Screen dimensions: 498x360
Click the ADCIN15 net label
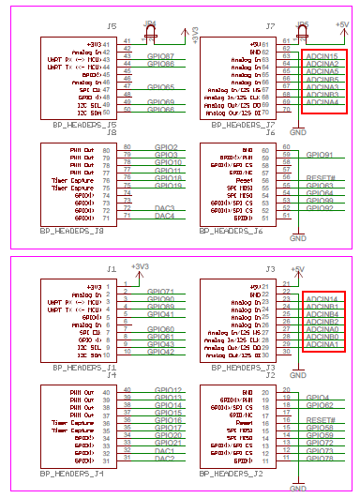322,57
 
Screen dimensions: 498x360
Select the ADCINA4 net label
322,101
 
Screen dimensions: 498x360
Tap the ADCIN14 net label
322,298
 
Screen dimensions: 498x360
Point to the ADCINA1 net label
322,344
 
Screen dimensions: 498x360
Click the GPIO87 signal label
160,57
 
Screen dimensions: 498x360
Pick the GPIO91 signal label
320,155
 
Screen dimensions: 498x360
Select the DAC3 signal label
165,207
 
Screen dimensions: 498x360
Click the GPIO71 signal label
160,292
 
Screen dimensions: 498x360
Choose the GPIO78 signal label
320,460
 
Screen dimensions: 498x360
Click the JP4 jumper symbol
150,37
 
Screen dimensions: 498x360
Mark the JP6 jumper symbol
302,37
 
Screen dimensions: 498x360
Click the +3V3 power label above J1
140,266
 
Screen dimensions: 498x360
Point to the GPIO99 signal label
320,201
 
